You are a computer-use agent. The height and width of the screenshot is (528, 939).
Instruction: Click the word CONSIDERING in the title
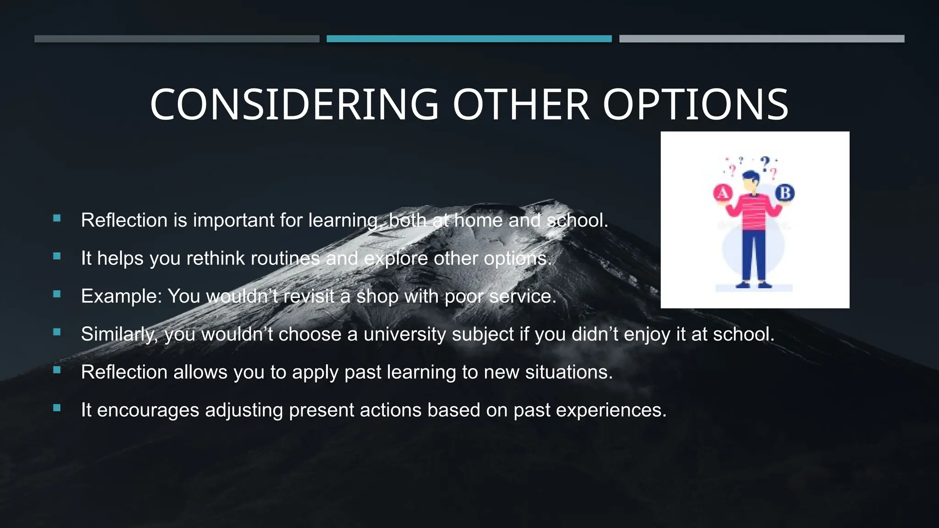pyautogui.click(x=294, y=105)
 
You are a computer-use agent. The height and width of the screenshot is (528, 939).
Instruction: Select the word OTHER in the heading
pyautogui.click(x=521, y=105)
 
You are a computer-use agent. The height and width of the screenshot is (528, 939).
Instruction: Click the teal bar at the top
pyautogui.click(x=469, y=39)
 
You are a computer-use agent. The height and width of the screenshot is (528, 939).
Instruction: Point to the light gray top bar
pyautogui.click(x=762, y=39)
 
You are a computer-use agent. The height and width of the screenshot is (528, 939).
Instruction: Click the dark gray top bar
pyautogui.click(x=177, y=39)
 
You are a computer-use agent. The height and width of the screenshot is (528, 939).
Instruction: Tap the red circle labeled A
pyautogui.click(x=723, y=193)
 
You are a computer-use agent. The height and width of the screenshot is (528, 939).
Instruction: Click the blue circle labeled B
pyautogui.click(x=785, y=193)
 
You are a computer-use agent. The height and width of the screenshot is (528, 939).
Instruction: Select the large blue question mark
pyautogui.click(x=765, y=163)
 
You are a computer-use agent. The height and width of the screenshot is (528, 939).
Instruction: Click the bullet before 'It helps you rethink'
pyautogui.click(x=57, y=256)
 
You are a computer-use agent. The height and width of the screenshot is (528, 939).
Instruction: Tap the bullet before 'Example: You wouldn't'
pyautogui.click(x=57, y=294)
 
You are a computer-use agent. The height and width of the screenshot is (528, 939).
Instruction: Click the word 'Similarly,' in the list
pyautogui.click(x=120, y=334)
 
